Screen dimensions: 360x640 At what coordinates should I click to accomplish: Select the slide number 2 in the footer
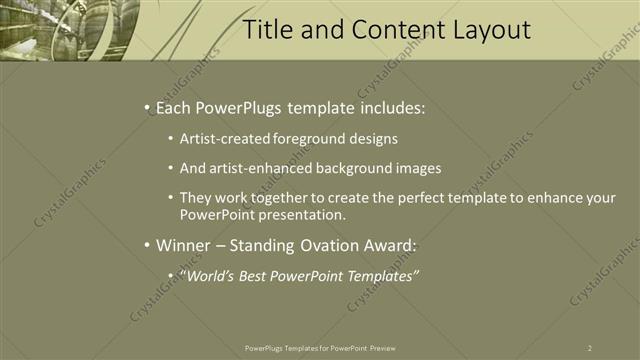[x=590, y=347]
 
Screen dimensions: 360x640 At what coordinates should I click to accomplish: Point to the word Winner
[x=186, y=245]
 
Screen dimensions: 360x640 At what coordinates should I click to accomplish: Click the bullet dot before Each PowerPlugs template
[x=147, y=106]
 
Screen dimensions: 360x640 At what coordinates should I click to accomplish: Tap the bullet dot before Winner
[x=147, y=245]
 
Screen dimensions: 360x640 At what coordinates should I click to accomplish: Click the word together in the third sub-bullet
[x=273, y=198]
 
